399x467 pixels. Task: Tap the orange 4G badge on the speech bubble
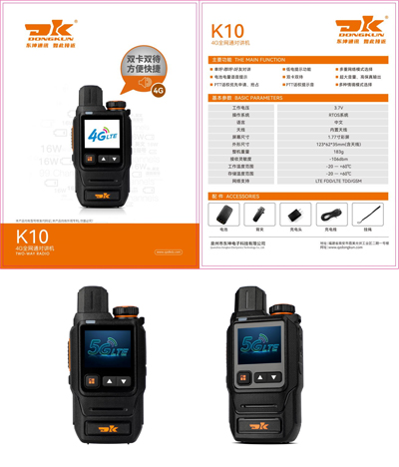[x=157, y=88]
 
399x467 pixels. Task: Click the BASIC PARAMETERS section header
[x=258, y=98]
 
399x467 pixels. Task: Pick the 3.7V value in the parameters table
[x=338, y=107]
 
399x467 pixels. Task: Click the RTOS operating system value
[x=338, y=114]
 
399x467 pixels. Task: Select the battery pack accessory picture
[x=222, y=215]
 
